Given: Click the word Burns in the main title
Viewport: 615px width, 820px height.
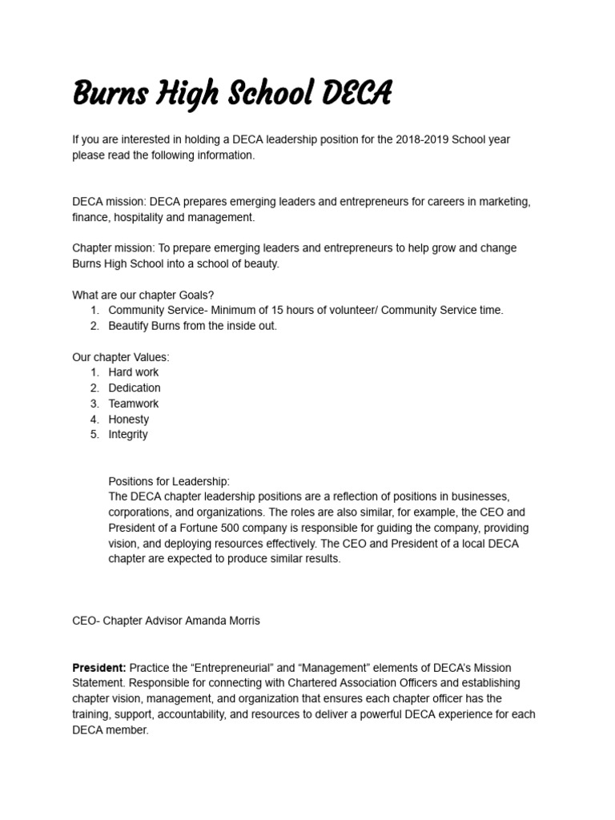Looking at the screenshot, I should pos(107,94).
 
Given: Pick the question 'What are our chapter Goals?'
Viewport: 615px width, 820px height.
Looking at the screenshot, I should pos(143,295).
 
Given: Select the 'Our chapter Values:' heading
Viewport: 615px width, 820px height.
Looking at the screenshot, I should pos(121,357).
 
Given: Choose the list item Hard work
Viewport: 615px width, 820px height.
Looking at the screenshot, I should pos(134,372).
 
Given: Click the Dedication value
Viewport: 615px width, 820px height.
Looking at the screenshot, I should pos(135,388).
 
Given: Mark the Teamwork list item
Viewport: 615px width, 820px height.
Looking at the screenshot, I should pos(134,404).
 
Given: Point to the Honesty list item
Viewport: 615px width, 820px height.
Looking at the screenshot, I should pos(129,419).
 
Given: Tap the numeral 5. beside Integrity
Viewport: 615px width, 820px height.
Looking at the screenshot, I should pos(94,434).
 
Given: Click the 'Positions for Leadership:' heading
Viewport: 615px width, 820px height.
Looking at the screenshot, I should pos(169,481).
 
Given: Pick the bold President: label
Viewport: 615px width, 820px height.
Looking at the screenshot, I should pos(99,667).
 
